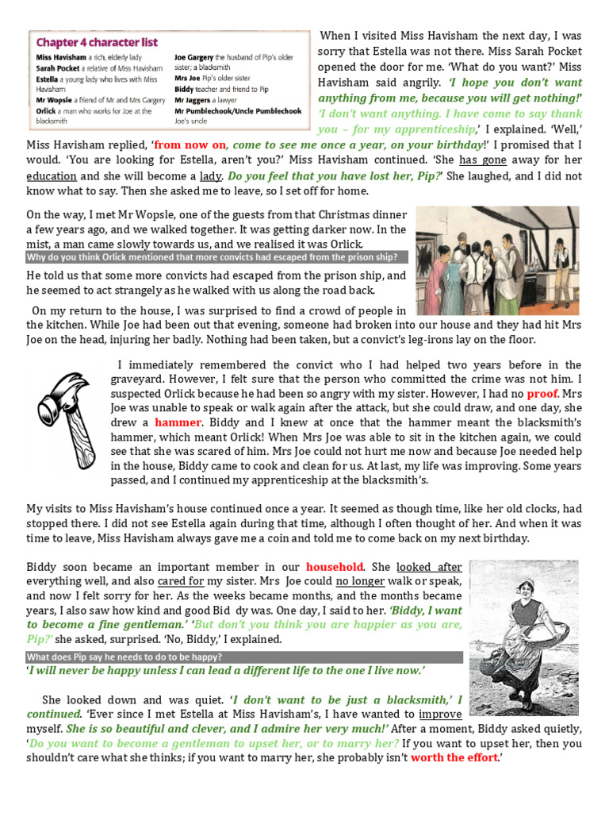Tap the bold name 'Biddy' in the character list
[x=186, y=90]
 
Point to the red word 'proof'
[x=543, y=393]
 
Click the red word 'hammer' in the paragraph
[x=178, y=422]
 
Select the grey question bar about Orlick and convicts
[x=216, y=257]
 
